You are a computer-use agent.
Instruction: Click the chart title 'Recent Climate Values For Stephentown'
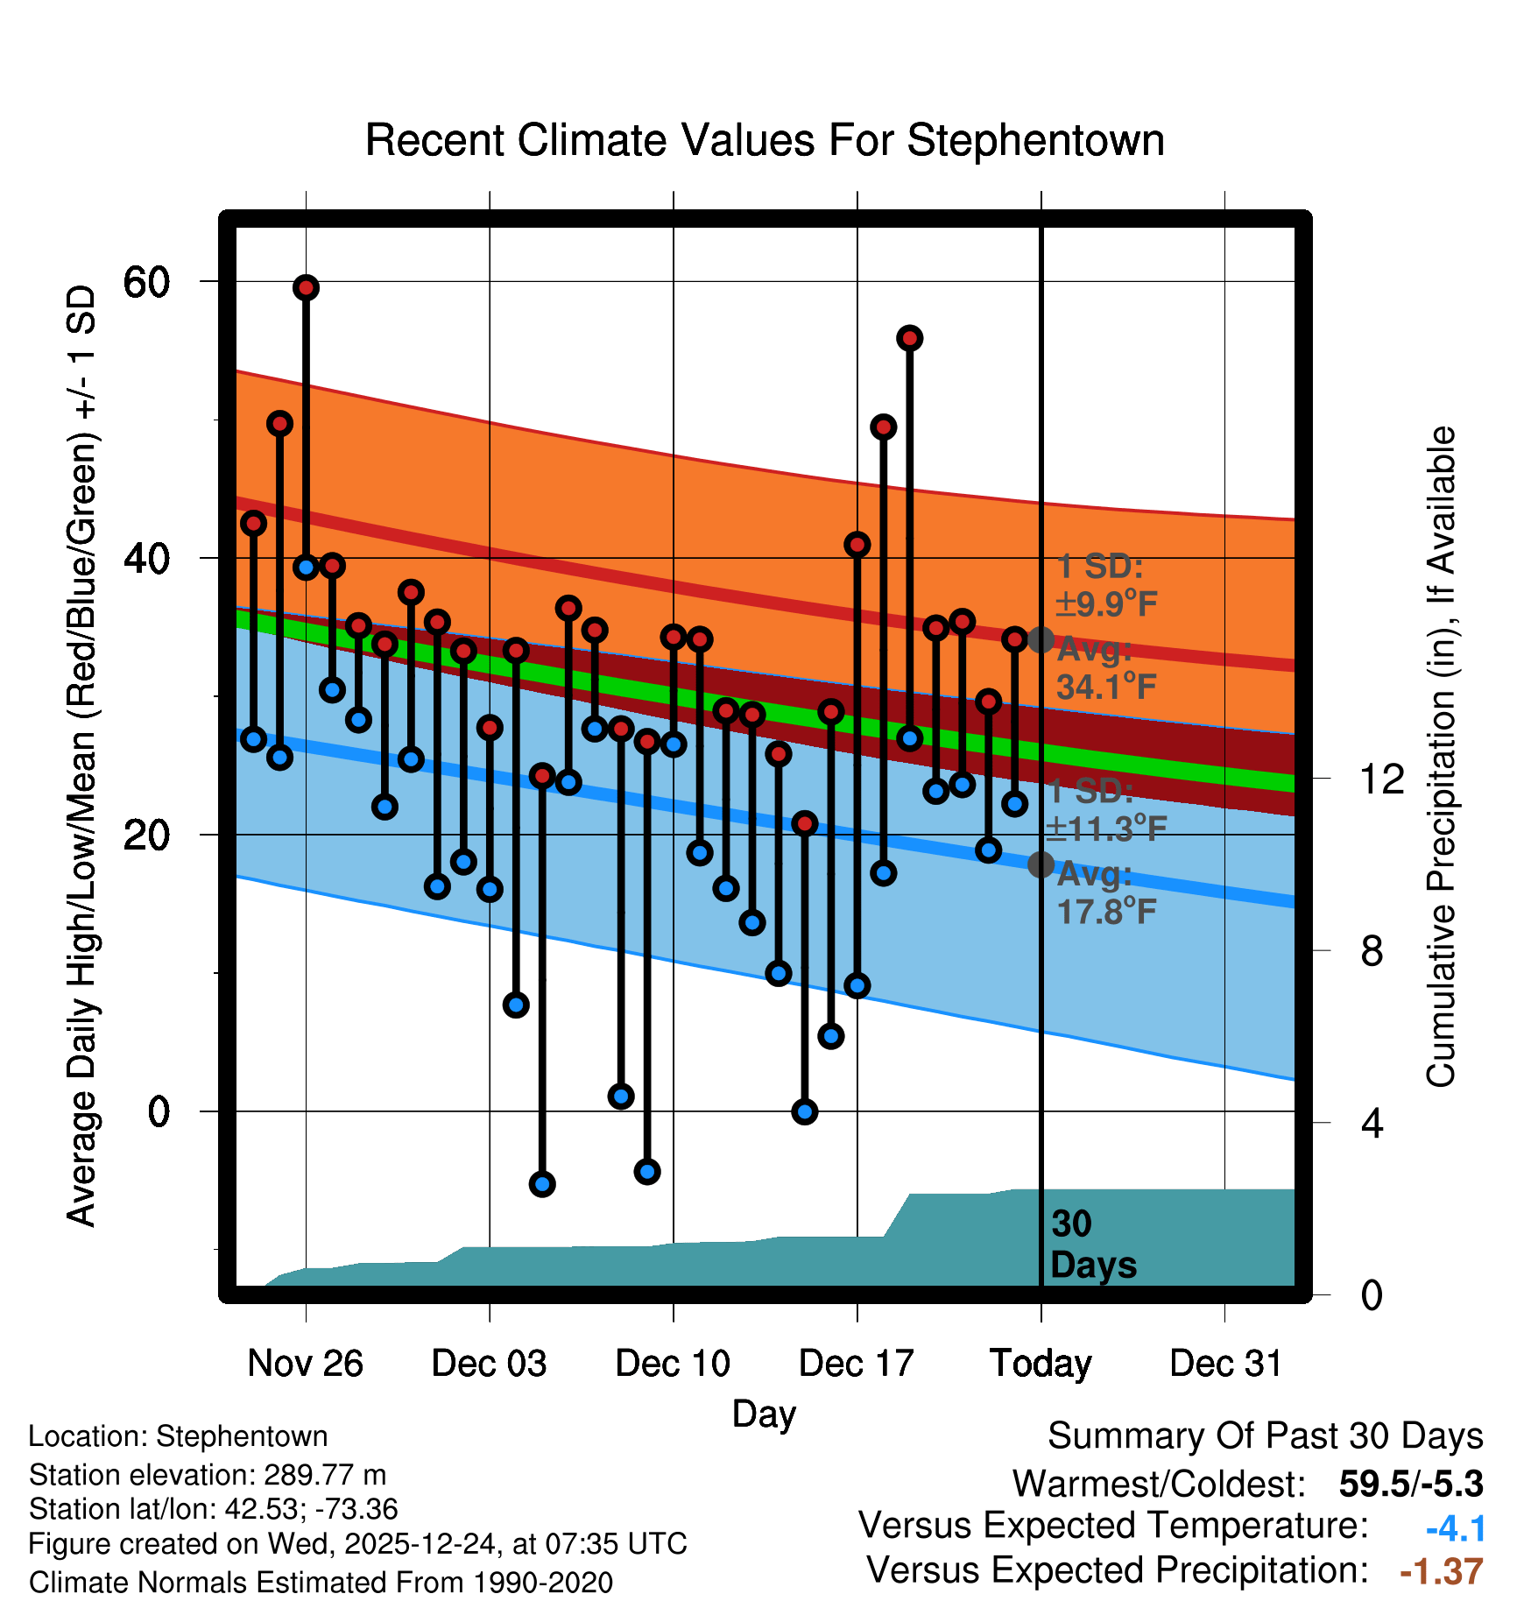(x=765, y=140)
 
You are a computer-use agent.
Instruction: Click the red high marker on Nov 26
(x=306, y=287)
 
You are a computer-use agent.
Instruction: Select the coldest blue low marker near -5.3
(x=542, y=1184)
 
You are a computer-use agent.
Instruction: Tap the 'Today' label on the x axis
(x=1041, y=1364)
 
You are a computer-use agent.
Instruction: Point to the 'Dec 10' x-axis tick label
(x=673, y=1364)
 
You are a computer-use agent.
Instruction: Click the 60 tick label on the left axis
(x=146, y=282)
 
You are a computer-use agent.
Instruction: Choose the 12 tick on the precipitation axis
(x=1382, y=779)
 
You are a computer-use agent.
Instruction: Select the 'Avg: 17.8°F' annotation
(x=1105, y=893)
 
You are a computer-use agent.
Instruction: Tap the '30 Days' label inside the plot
(x=1092, y=1245)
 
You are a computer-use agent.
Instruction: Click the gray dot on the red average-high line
(x=1041, y=640)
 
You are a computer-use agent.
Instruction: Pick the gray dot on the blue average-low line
(x=1041, y=864)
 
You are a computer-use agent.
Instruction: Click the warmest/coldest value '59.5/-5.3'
(x=1410, y=1484)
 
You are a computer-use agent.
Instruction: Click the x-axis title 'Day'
(x=764, y=1414)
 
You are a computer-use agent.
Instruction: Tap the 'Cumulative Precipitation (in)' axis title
(x=1441, y=757)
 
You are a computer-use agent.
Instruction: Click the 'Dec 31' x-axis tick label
(x=1225, y=1364)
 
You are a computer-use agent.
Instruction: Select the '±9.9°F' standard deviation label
(x=1107, y=603)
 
